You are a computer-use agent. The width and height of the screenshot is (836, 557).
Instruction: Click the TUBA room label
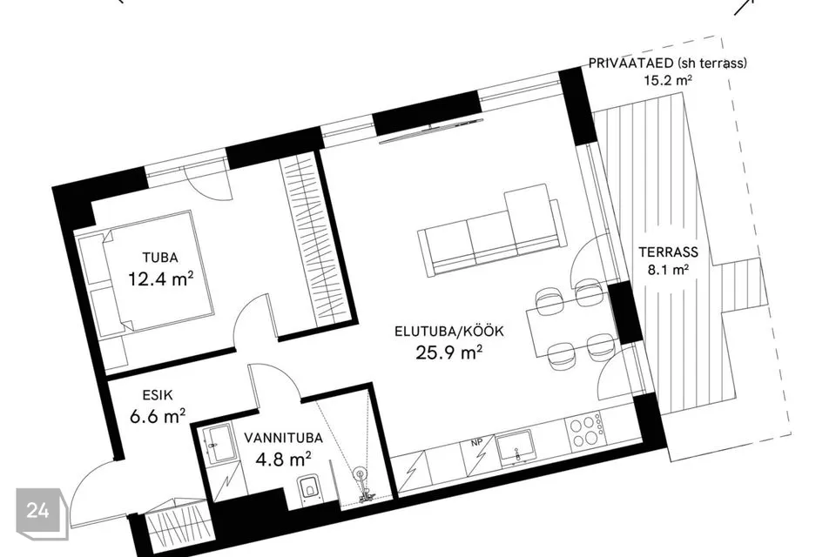click(160, 258)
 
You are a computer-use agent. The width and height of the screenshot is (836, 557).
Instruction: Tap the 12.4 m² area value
click(160, 278)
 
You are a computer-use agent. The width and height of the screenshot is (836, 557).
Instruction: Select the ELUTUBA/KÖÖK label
click(449, 331)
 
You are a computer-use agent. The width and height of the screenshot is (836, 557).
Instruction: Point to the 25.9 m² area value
click(449, 352)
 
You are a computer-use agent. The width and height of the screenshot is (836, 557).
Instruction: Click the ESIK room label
click(158, 395)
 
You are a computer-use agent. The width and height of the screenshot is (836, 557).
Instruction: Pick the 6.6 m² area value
click(158, 416)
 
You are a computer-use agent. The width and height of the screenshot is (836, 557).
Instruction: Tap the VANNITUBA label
click(283, 438)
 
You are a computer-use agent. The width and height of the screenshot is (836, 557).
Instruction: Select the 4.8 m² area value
click(283, 459)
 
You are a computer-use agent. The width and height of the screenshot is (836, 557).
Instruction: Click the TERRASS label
click(669, 252)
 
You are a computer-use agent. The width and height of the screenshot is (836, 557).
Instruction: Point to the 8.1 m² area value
click(668, 270)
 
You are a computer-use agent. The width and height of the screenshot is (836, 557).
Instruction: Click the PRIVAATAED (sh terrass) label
click(668, 63)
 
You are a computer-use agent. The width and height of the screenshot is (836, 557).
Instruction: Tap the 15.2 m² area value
click(668, 80)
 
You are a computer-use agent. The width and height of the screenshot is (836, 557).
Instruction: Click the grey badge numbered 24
click(41, 513)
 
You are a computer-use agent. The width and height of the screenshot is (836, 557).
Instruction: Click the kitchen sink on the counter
click(516, 447)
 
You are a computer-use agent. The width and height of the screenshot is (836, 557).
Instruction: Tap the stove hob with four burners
click(586, 430)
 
